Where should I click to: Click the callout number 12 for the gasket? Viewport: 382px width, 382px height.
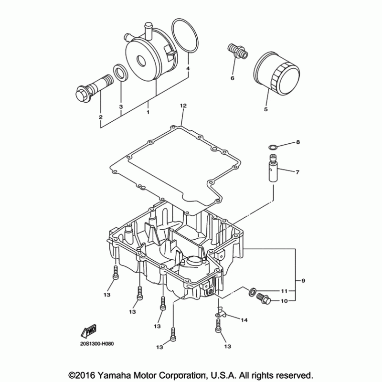pos(182,105)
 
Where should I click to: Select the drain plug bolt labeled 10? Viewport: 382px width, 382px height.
pos(262,299)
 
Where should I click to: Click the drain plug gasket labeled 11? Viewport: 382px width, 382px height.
pos(252,291)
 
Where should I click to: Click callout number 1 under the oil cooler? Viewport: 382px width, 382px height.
pos(148,112)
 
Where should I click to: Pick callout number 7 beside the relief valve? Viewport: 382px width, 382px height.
pos(297,171)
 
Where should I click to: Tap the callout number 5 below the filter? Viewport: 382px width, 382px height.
pos(266,109)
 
